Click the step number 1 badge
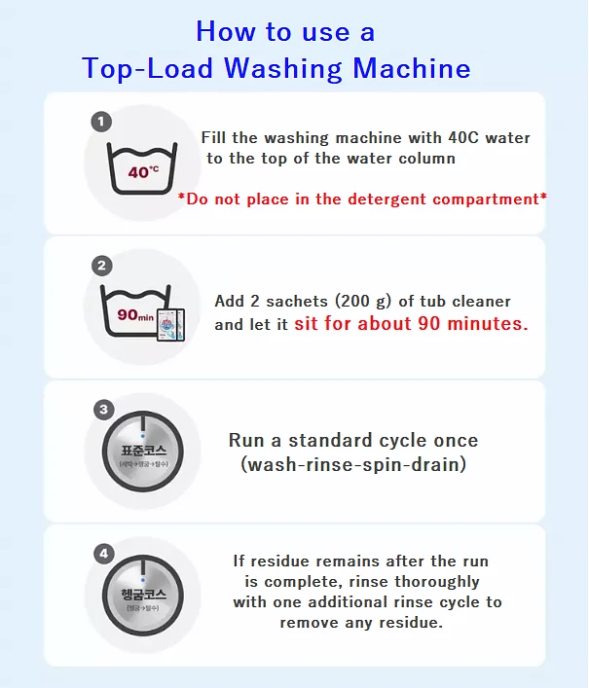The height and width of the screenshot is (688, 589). pos(101,122)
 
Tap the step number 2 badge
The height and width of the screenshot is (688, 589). pos(101,265)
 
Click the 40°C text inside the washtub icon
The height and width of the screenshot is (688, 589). pos(143,172)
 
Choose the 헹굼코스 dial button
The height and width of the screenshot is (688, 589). pos(143,596)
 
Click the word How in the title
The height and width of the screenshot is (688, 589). pos(224,31)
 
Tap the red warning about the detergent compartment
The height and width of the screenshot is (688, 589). pos(362,199)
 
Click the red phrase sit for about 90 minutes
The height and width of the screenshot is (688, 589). pos(411,324)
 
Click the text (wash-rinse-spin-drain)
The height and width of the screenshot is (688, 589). pos(352,465)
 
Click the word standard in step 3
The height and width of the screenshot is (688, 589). pos(316,441)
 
